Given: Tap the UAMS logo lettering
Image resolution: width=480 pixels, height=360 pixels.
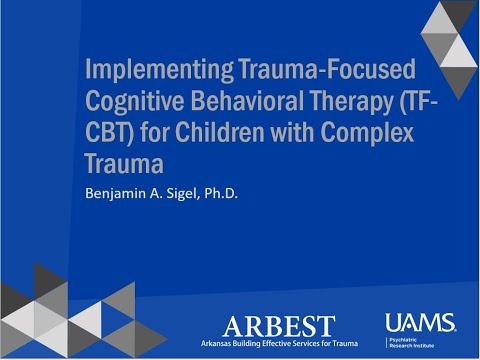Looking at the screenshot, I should pyautogui.click(x=419, y=322).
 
